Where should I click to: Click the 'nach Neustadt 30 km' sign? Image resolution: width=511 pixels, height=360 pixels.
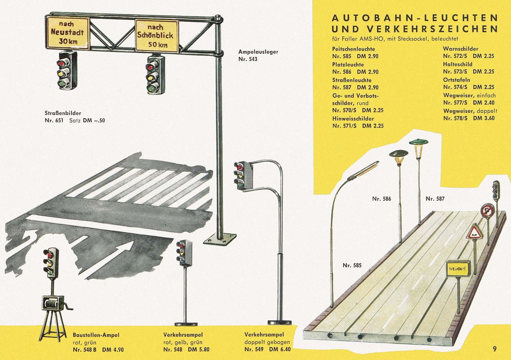tap(68, 33)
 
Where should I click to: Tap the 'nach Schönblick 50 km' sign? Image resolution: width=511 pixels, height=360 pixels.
tap(157, 36)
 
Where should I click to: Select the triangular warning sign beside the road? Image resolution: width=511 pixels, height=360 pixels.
tap(475, 231)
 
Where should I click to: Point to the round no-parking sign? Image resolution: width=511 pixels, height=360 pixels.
tap(488, 210)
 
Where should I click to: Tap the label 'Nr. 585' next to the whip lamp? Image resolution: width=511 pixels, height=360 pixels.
tap(352, 265)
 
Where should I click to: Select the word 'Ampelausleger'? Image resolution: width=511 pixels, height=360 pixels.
tap(258, 52)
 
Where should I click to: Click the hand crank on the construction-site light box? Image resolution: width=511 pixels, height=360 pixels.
tap(68, 307)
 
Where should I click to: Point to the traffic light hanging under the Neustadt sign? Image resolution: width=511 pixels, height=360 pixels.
tap(67, 70)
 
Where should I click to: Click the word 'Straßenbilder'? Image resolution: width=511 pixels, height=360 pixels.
tap(63, 113)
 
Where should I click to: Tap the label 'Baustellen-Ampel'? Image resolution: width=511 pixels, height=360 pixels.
tap(96, 335)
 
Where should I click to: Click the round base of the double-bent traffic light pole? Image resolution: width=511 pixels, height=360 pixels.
tap(279, 323)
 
